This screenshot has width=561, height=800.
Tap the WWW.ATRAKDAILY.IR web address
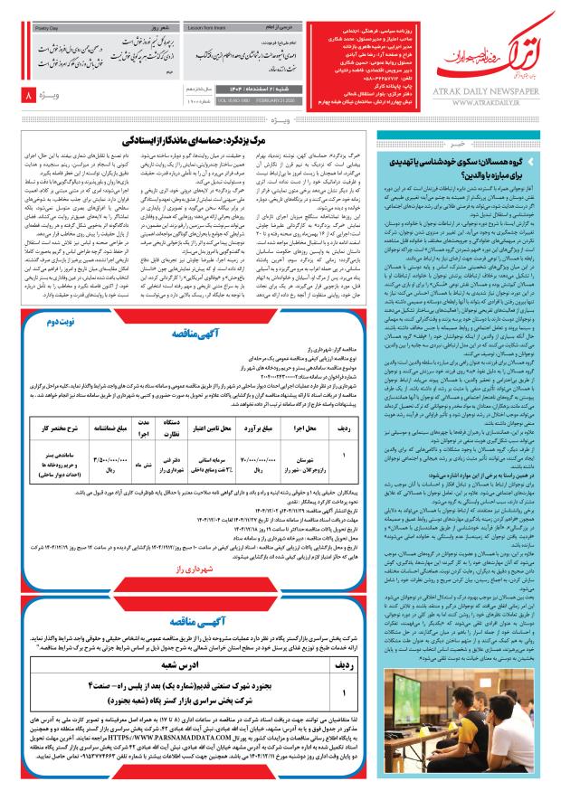493,101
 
